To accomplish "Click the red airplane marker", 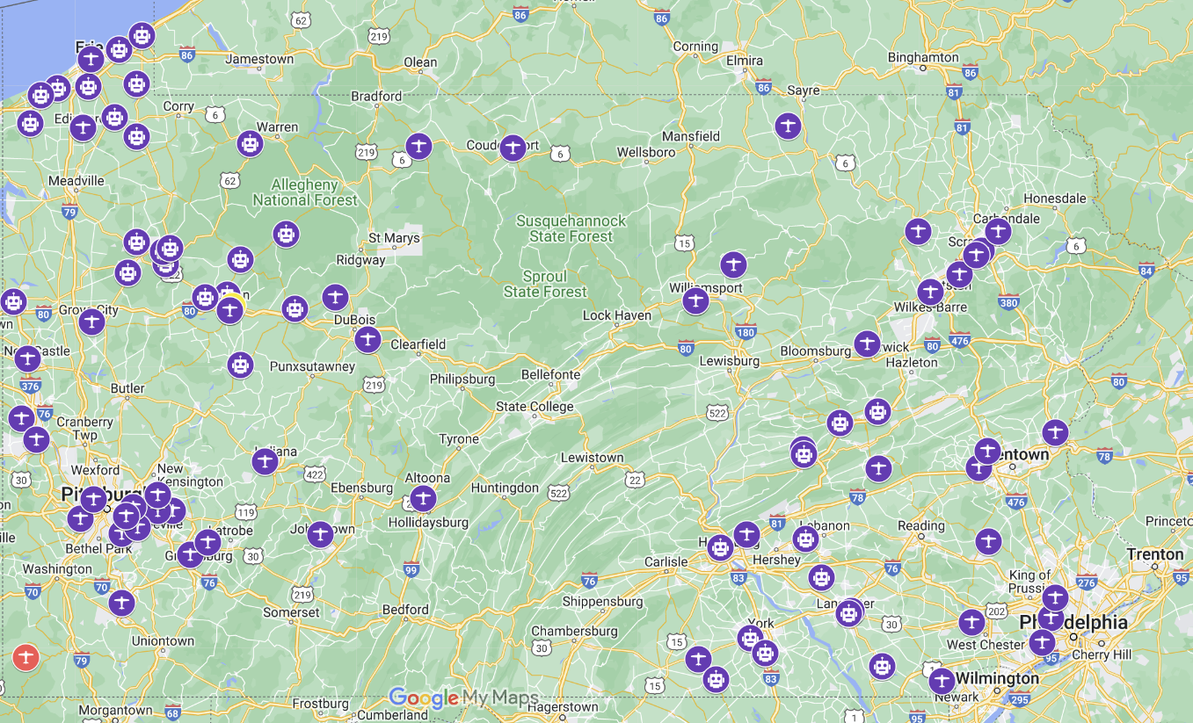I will (x=26, y=657).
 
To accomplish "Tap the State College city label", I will (x=535, y=407).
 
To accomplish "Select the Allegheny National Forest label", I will (x=305, y=192).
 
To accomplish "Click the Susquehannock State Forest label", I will (x=571, y=228).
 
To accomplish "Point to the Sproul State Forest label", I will (x=545, y=284).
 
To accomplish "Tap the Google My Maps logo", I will (x=463, y=698).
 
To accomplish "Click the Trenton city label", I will (x=1155, y=554).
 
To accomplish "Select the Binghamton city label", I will (x=923, y=58).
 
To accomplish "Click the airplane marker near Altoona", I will (x=423, y=499).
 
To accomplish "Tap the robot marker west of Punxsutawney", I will (x=240, y=365).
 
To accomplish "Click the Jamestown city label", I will (x=259, y=59).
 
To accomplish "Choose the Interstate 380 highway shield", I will (x=1009, y=302).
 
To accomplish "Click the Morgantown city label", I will (x=115, y=710).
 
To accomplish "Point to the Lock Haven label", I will (x=617, y=315).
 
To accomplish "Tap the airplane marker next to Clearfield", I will (x=367, y=339).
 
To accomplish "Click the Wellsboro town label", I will (x=646, y=152).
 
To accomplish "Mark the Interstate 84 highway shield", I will (x=1146, y=270).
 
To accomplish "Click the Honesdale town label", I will (x=1055, y=199).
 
